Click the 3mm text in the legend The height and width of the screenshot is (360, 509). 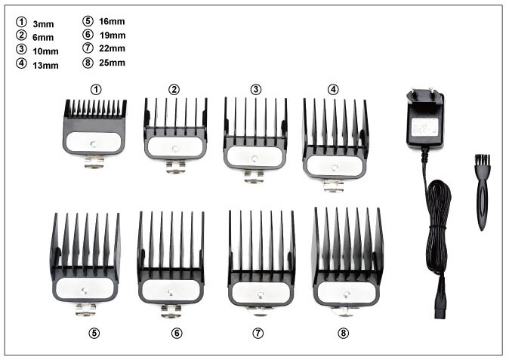point(43,25)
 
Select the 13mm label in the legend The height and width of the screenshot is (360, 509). point(45,64)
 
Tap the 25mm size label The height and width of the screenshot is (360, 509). point(112,62)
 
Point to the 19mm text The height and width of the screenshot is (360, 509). point(112,35)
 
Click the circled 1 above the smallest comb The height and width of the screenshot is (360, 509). point(95,89)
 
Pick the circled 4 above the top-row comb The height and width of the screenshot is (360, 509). point(333,89)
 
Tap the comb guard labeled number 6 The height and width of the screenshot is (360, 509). point(171,257)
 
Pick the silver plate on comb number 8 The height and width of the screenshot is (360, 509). point(347,291)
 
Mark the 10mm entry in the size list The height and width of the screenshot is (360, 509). point(45,51)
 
